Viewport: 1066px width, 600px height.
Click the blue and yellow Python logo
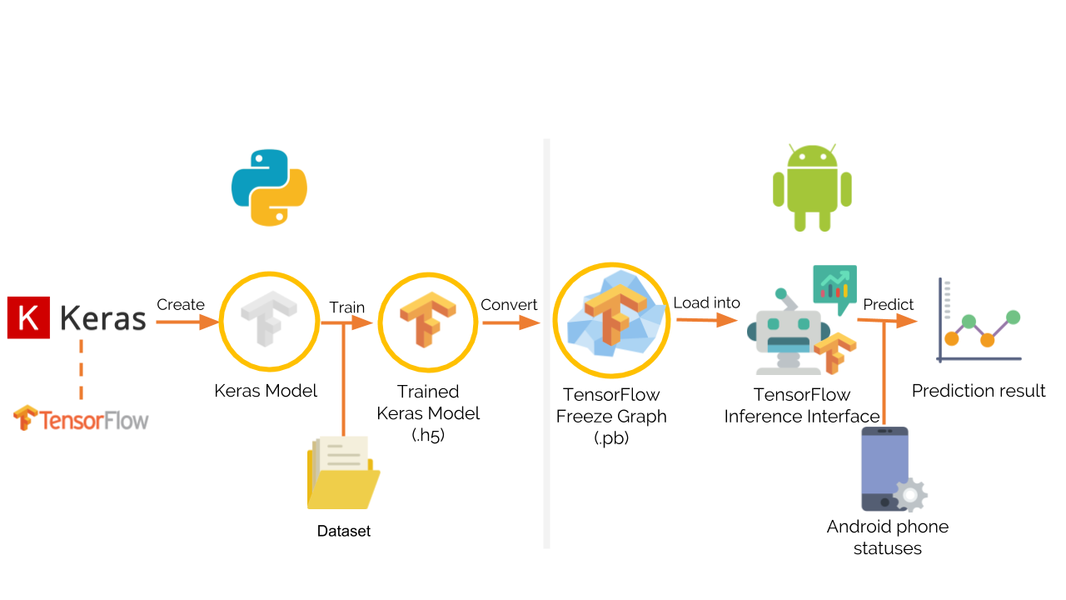coord(269,188)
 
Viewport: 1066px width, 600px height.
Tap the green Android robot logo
coord(812,188)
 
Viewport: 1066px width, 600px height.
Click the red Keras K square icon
coord(27,318)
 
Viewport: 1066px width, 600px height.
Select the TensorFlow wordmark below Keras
coord(81,418)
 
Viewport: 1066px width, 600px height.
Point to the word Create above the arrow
coord(181,305)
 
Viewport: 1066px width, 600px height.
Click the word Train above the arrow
coord(346,307)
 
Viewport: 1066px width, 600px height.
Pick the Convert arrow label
coord(509,305)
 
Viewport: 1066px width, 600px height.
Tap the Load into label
coord(706,303)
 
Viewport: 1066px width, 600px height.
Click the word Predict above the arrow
coord(888,305)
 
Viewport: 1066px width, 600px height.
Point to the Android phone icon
coord(884,468)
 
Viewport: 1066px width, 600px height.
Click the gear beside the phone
coord(910,495)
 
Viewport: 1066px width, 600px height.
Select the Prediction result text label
coord(979,391)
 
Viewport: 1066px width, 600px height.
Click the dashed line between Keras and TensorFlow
coord(81,370)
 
